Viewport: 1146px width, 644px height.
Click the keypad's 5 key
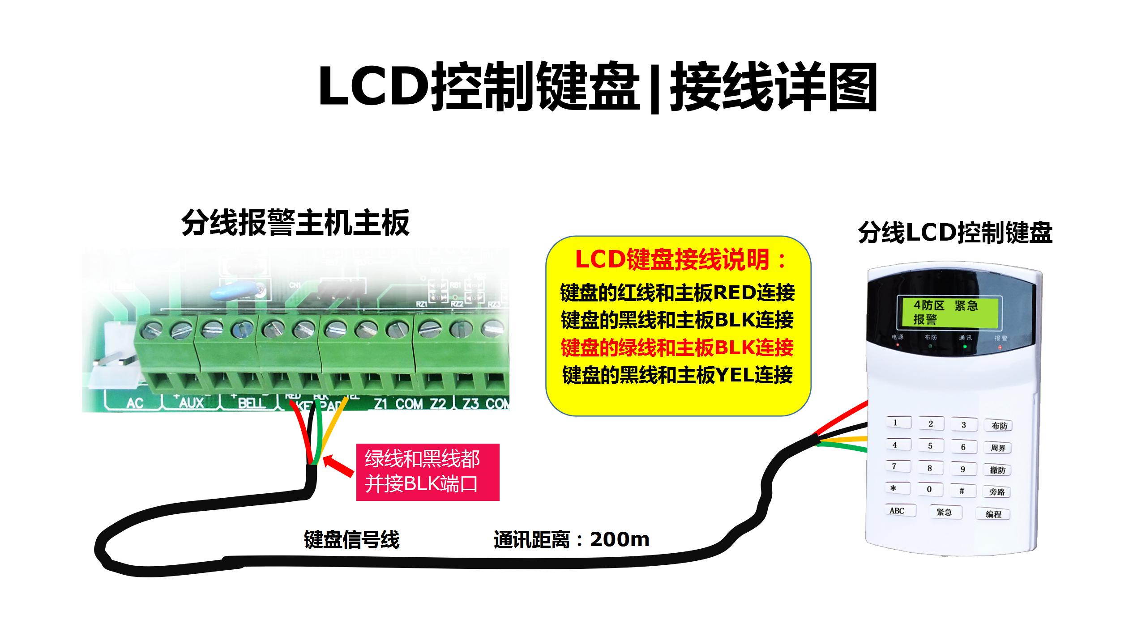[x=930, y=446]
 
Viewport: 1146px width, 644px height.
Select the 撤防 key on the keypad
[x=997, y=470]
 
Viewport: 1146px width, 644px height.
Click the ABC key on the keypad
[x=897, y=511]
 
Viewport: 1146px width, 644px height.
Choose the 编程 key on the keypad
[x=993, y=514]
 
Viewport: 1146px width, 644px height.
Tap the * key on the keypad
[x=893, y=488]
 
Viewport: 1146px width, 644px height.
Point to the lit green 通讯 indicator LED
[x=965, y=347]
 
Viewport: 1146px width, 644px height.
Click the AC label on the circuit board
[x=134, y=403]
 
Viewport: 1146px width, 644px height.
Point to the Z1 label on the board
[x=380, y=404]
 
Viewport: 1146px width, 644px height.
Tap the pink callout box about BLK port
[x=428, y=472]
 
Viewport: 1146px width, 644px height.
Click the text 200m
[x=620, y=540]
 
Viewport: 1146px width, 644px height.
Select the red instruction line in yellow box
[x=677, y=347]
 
